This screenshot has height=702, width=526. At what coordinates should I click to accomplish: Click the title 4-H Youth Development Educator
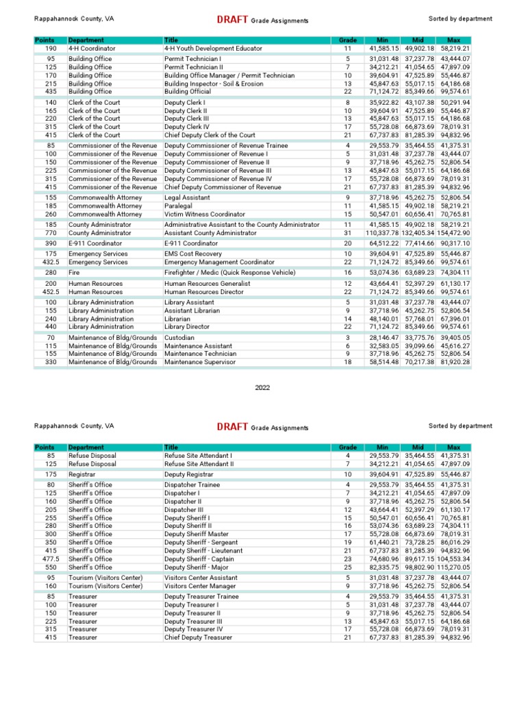coord(213,49)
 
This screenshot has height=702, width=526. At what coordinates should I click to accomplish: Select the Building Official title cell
coord(188,91)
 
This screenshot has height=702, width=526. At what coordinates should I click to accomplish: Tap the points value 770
coord(51,232)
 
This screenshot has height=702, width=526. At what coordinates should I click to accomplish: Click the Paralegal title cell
coord(179,206)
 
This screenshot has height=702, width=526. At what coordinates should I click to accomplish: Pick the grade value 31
coord(347,232)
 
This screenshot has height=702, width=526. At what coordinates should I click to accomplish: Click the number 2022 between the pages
coord(263,387)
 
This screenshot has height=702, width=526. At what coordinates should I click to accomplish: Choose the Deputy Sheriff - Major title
coord(199,567)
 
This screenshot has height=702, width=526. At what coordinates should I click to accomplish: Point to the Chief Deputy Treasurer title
coord(198,637)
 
